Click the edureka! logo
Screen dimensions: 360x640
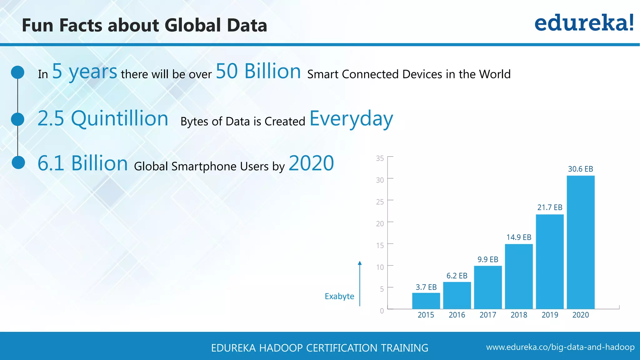584,23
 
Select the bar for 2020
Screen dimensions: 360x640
581,242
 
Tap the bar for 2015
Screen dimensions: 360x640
426,301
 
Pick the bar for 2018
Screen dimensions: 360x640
519,276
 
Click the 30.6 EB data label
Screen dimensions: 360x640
580,169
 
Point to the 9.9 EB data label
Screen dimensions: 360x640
488,259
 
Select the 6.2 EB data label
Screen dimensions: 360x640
457,276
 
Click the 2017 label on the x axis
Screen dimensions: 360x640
488,315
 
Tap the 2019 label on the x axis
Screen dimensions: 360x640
550,315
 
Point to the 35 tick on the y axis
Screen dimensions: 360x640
380,158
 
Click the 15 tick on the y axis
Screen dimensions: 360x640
380,245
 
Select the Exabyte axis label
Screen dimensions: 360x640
339,296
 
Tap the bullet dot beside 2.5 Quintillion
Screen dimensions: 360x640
17,119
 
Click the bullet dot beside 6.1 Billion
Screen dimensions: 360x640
18,162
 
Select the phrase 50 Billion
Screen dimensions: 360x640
258,71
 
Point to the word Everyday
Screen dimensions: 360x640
351,119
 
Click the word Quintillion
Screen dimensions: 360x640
120,119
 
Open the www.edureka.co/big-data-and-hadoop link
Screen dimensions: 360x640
560,347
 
